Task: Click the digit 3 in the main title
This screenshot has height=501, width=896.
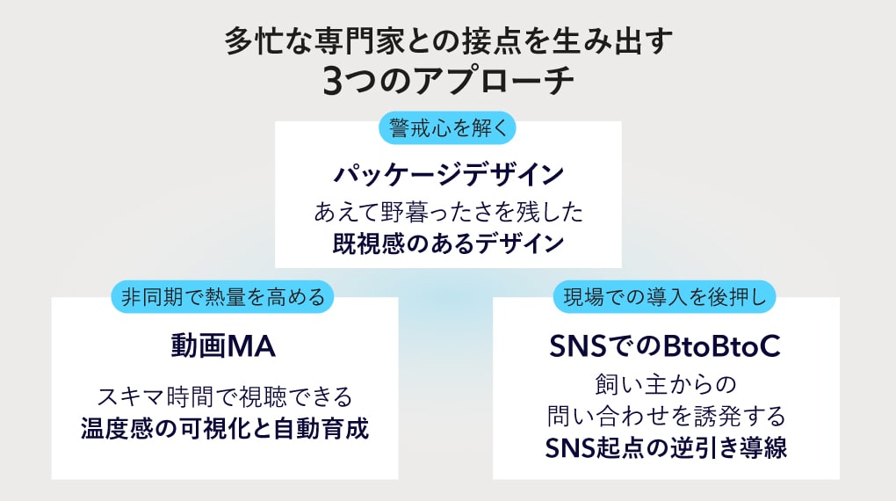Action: click(x=333, y=81)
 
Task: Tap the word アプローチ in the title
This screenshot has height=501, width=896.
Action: click(x=495, y=81)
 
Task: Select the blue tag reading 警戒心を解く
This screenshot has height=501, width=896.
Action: click(x=447, y=127)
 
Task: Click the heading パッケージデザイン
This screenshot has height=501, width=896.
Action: click(x=449, y=174)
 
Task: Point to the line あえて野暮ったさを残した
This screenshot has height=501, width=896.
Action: click(x=449, y=212)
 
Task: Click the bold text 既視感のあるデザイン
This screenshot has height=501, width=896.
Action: click(x=449, y=243)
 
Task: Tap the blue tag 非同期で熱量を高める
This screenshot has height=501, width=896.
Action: click(x=222, y=297)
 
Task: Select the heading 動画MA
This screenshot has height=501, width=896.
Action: click(x=223, y=346)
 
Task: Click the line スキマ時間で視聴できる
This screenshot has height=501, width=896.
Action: click(x=225, y=396)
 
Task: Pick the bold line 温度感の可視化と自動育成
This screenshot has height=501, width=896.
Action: click(x=225, y=428)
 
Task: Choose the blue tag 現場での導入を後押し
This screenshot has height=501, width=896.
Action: click(x=664, y=297)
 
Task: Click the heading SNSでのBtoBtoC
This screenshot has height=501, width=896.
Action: click(x=665, y=346)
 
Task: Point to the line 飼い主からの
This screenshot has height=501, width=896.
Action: click(x=666, y=384)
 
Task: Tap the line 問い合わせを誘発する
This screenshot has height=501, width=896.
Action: click(x=666, y=416)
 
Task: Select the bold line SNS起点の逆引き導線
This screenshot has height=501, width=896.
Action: click(x=666, y=447)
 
